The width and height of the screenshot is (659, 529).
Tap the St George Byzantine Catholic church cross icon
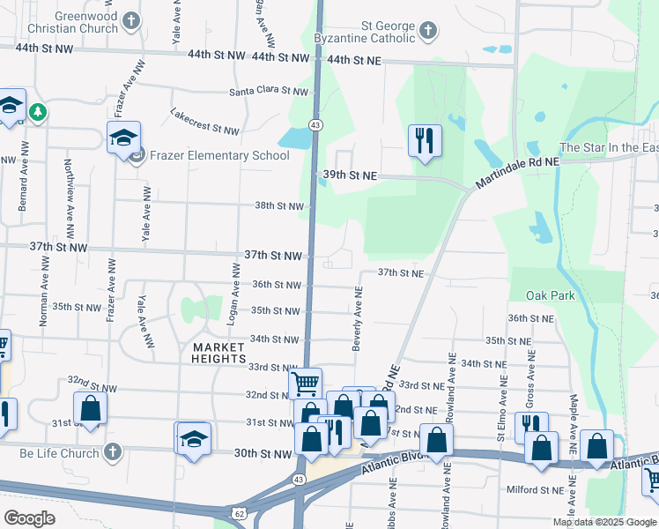click(x=427, y=33)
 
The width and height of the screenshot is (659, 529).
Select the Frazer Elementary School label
click(x=219, y=156)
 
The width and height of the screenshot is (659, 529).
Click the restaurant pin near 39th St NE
click(x=425, y=139)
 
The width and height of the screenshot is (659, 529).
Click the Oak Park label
click(x=550, y=295)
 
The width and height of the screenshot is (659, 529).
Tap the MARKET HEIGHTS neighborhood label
click(x=218, y=353)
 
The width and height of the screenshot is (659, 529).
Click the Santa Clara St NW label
click(x=269, y=92)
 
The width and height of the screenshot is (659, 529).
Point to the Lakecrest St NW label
click(x=204, y=123)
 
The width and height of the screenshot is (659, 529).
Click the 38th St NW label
click(x=278, y=206)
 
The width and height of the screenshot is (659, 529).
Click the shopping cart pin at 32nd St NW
click(x=305, y=383)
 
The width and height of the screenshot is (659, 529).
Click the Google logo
click(x=29, y=518)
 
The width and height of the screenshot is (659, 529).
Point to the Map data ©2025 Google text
click(x=604, y=522)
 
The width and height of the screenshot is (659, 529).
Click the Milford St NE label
click(x=534, y=490)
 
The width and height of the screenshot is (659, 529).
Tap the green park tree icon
click(x=37, y=112)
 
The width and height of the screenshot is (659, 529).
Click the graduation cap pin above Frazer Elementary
click(x=123, y=137)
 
